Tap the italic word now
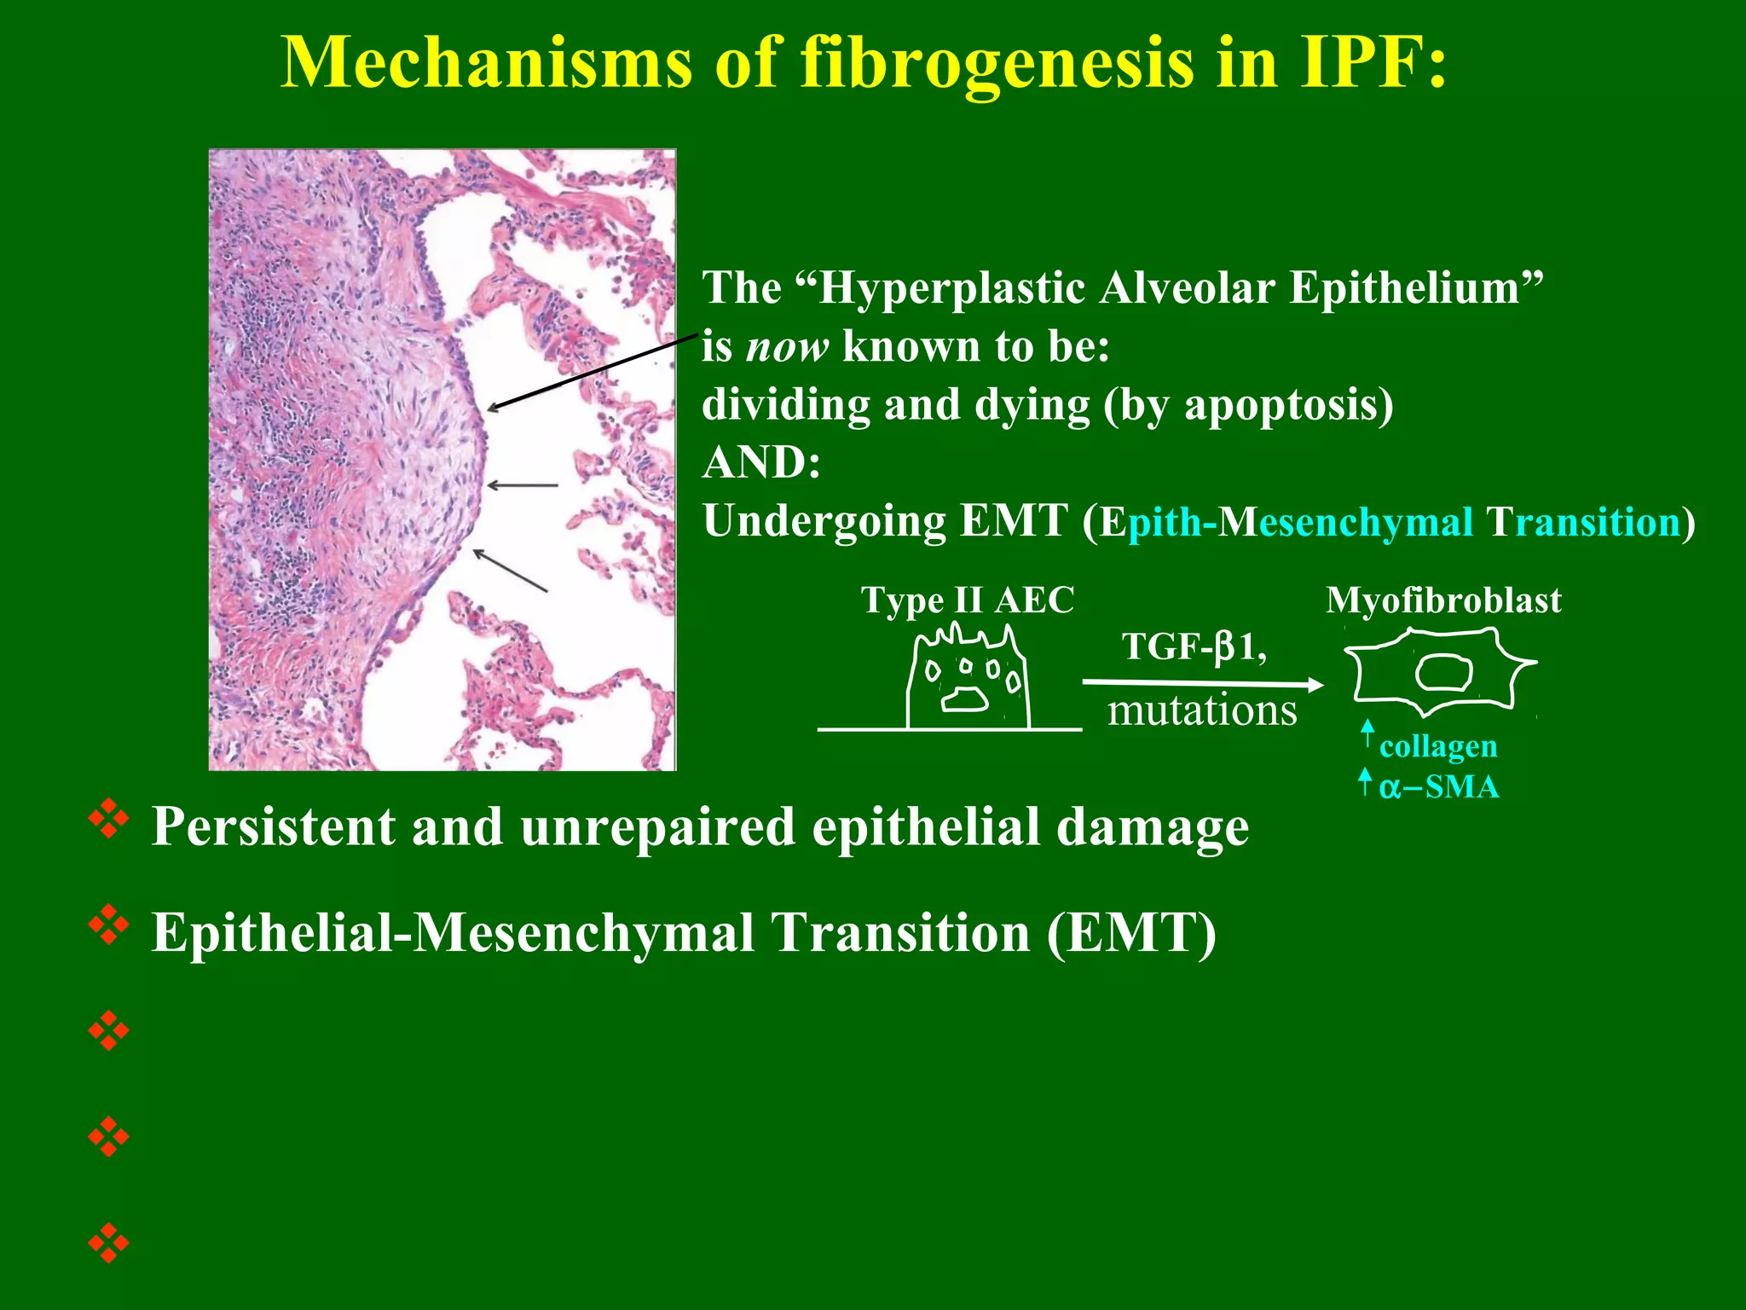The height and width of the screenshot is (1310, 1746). [786, 346]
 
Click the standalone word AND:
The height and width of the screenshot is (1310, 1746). [760, 462]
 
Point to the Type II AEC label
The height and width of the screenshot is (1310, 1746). [967, 600]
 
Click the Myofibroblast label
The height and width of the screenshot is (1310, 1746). [1442, 600]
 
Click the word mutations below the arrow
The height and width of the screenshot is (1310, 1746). [1201, 710]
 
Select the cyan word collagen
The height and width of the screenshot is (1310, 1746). [1437, 746]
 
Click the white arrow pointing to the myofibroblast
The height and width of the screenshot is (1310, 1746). [1202, 682]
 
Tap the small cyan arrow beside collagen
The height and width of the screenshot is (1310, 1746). [1367, 735]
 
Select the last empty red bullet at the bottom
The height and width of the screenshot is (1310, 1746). [108, 1243]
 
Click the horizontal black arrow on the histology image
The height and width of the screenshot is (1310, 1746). [522, 485]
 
